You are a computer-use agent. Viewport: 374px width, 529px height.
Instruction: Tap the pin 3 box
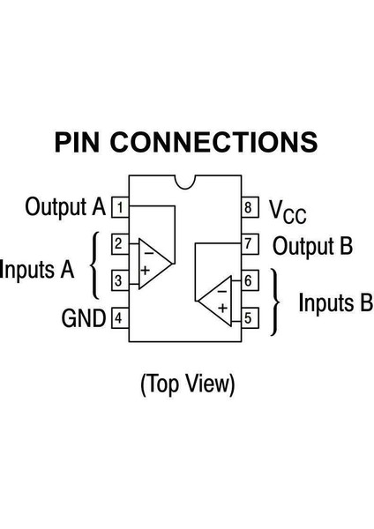[x=118, y=281]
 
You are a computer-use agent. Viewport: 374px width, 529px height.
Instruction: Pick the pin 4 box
[x=118, y=317]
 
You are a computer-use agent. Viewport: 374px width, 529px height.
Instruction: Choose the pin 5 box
[x=251, y=317]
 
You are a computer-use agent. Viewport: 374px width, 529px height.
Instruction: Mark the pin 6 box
[x=251, y=281]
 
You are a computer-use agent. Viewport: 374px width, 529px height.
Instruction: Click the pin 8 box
[x=251, y=208]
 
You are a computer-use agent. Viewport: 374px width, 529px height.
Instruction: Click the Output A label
[x=65, y=208]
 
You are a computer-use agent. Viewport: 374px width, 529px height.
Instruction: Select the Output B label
[x=312, y=245]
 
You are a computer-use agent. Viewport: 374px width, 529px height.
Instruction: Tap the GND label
[x=84, y=317]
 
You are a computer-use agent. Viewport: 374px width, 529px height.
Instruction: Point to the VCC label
[x=288, y=210]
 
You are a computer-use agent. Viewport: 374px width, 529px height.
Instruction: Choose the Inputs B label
[x=335, y=303]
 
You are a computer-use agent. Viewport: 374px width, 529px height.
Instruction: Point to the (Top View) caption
[x=187, y=384]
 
